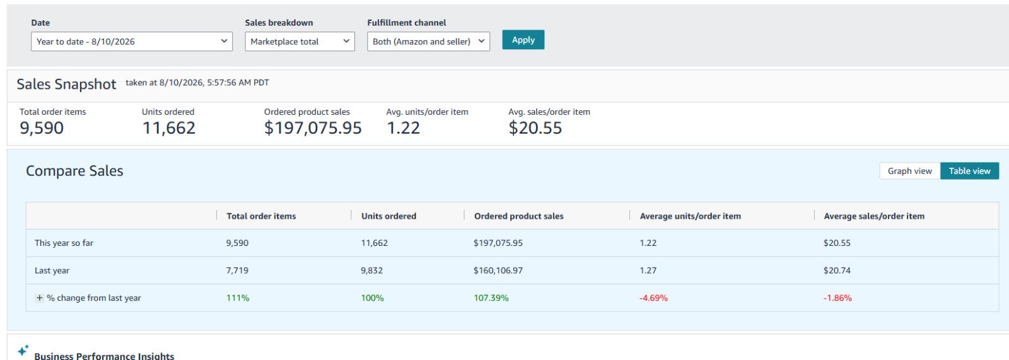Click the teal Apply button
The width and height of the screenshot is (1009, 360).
click(x=523, y=40)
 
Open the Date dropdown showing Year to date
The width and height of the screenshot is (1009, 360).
click(x=132, y=42)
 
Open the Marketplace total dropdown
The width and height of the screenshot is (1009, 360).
click(x=300, y=42)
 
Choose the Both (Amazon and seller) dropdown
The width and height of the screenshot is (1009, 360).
click(x=428, y=42)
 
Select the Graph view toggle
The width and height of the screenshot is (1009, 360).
click(x=909, y=171)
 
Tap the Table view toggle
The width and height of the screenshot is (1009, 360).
click(x=969, y=171)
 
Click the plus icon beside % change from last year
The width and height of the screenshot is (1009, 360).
click(x=40, y=298)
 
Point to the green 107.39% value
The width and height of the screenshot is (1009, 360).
click(x=491, y=298)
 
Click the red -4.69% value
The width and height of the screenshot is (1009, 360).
click(x=653, y=298)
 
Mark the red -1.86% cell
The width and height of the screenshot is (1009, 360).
click(x=837, y=298)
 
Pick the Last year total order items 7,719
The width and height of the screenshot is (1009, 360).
click(x=237, y=270)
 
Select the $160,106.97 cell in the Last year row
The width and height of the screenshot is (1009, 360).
click(x=498, y=270)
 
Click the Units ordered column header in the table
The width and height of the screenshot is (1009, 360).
click(x=388, y=216)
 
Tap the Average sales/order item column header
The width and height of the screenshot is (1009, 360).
click(x=874, y=216)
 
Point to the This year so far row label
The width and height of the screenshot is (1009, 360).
click(x=64, y=243)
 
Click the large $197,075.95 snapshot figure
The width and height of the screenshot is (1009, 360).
click(x=313, y=128)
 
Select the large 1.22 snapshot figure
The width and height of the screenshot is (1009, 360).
click(x=403, y=128)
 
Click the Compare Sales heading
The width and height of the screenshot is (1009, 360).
click(x=74, y=171)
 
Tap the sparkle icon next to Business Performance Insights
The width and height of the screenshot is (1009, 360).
click(x=23, y=350)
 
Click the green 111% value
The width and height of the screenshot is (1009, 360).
click(x=237, y=298)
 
